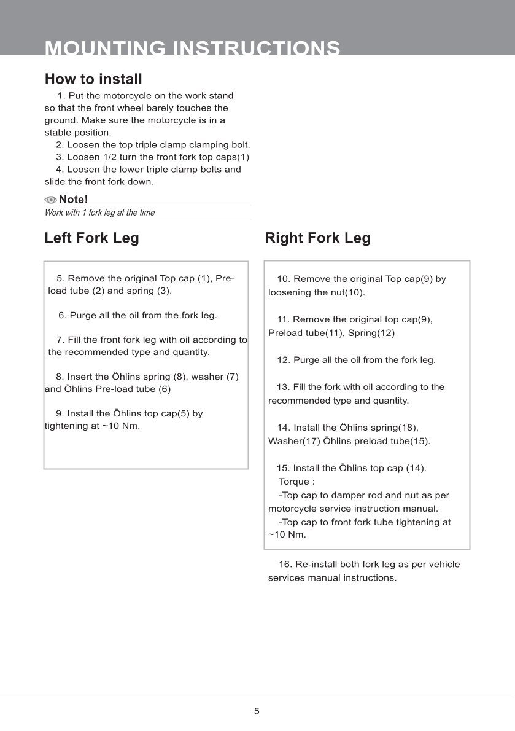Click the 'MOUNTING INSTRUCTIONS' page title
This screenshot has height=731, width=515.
pos(193,48)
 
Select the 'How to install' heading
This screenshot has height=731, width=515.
pos(93,79)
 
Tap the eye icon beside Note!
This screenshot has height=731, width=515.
pos(50,200)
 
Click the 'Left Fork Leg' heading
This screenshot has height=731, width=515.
pos(91,238)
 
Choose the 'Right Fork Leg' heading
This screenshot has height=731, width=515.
pos(317,238)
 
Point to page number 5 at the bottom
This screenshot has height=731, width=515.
pos(257,711)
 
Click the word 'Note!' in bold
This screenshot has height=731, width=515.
pos(74,200)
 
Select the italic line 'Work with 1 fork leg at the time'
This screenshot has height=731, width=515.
pos(99,213)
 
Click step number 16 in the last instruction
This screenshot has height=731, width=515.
pos(285,564)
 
